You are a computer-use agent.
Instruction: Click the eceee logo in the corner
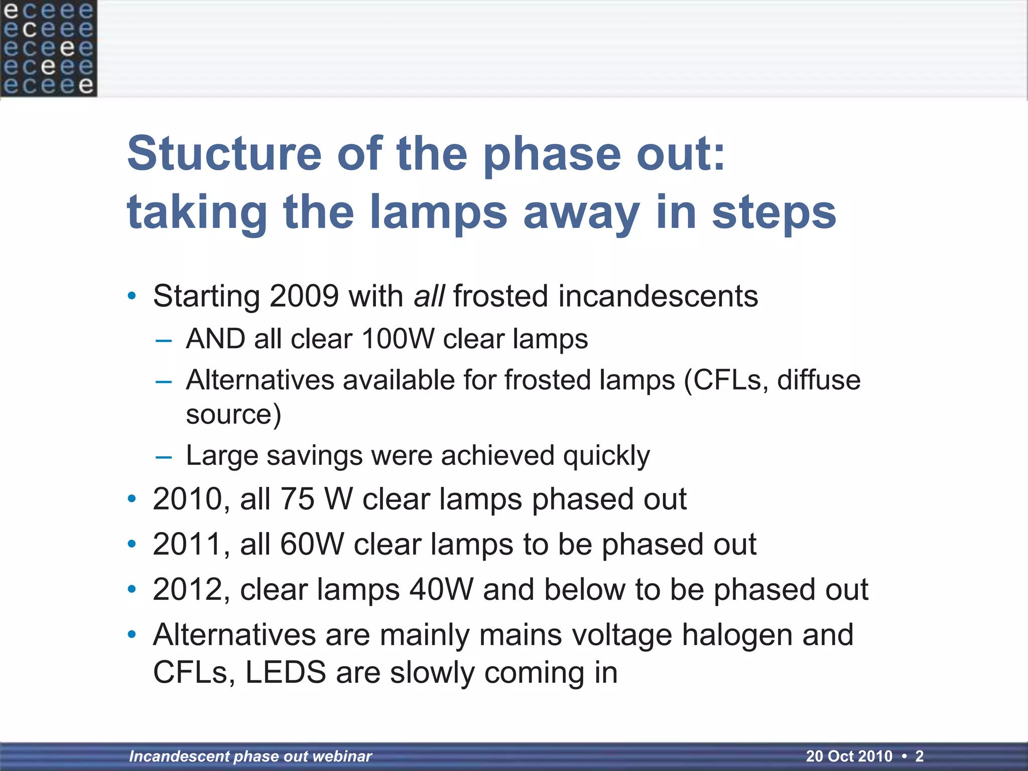(x=48, y=48)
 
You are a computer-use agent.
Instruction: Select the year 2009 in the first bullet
(x=304, y=296)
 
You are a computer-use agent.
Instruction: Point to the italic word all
(x=429, y=296)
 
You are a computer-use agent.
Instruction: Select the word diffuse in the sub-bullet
(x=819, y=380)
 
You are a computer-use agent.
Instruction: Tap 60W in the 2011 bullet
(x=312, y=544)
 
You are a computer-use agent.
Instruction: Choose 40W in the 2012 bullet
(x=441, y=589)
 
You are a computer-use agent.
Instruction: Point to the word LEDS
(x=286, y=673)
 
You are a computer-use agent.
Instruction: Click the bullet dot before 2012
(x=132, y=589)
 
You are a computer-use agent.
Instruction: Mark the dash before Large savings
(x=164, y=457)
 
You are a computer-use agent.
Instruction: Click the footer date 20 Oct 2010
(x=849, y=756)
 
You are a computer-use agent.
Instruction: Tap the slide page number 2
(x=919, y=756)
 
